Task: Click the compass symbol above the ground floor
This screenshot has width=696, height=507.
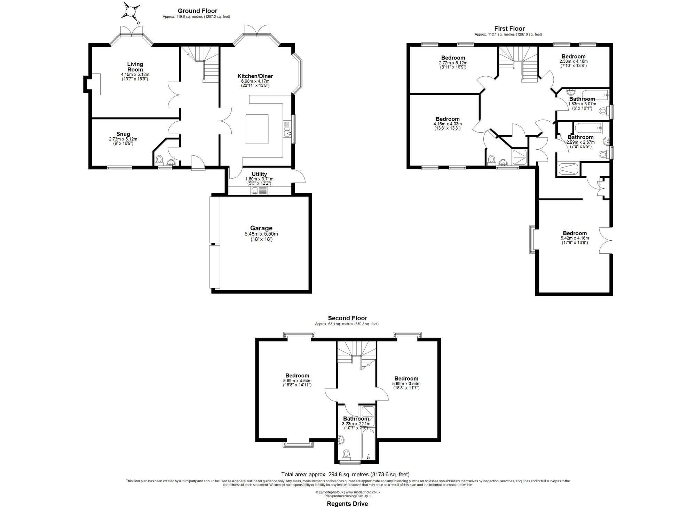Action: (130, 12)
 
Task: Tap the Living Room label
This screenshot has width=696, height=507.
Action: (135, 67)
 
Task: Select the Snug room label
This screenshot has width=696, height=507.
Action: (123, 134)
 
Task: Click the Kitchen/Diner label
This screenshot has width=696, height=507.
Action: (255, 76)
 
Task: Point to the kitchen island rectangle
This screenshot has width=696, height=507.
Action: (257, 129)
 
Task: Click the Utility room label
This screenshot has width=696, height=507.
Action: (259, 174)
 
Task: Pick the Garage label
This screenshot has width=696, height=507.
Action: (261, 228)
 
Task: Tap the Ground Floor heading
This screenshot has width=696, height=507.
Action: (197, 11)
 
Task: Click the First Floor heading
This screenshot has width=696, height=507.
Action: (509, 29)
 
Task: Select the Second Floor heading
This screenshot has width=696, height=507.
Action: (347, 318)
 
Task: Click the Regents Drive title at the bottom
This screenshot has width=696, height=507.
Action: (347, 503)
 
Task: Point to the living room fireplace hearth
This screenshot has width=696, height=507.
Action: (96, 84)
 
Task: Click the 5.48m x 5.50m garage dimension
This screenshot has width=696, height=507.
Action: (261, 234)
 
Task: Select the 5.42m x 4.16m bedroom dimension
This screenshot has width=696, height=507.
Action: (575, 238)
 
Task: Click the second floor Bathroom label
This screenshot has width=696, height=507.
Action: (356, 418)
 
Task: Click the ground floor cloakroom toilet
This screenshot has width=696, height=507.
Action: (159, 161)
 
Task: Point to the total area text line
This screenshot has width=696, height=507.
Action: (345, 474)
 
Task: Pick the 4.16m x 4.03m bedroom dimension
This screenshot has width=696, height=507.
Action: (448, 124)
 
